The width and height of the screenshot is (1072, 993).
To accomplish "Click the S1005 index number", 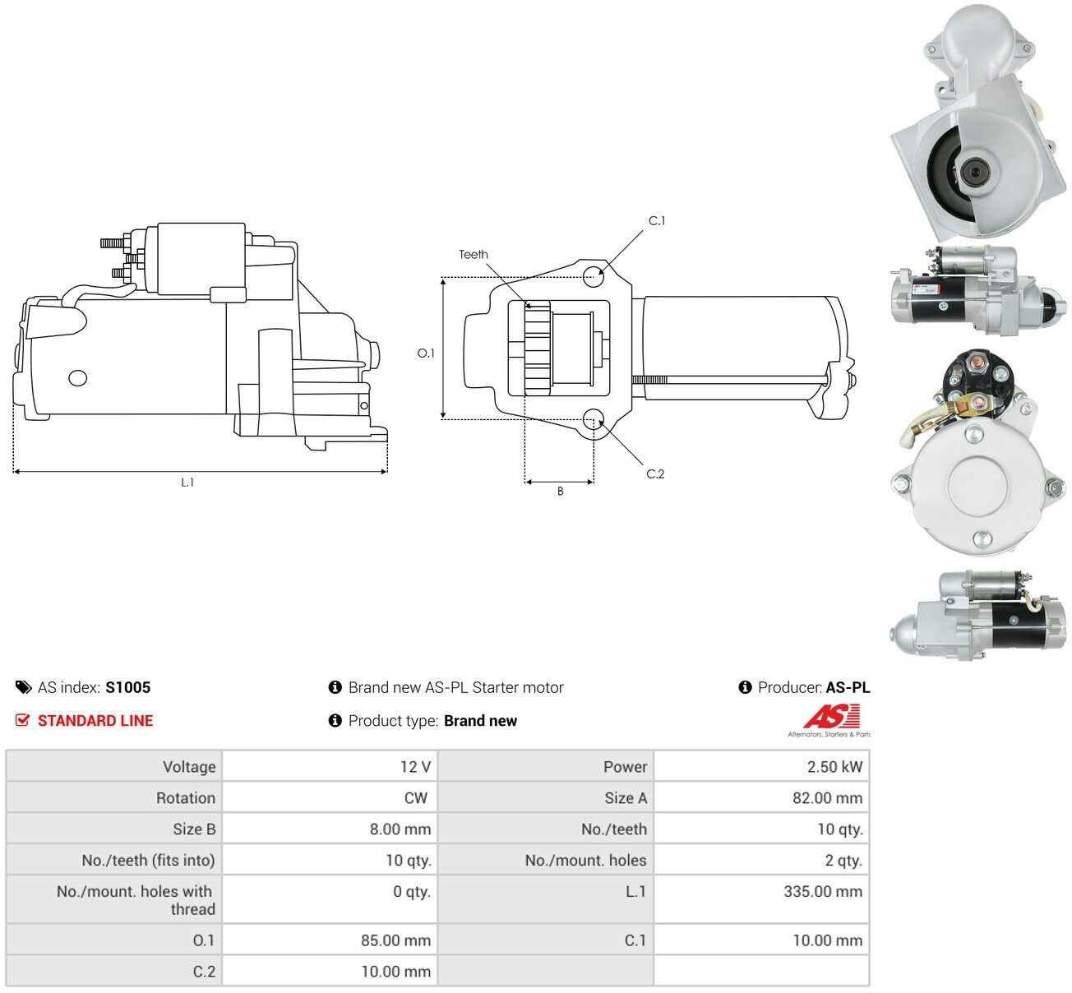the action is [128, 687].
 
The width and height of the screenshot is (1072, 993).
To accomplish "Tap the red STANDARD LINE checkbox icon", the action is [23, 720].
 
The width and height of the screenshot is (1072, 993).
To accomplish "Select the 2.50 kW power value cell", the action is [834, 767].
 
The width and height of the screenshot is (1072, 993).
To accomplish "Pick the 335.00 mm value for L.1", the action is [823, 892].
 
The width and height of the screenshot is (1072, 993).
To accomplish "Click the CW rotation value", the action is [416, 798].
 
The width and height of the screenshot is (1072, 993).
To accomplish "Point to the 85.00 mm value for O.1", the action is [395, 940].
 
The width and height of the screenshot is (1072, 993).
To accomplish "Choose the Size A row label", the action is [626, 798].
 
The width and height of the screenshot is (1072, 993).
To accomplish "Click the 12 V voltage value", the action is [415, 767].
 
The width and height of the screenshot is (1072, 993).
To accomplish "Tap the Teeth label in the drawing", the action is [474, 254].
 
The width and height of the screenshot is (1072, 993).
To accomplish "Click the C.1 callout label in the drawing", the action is [656, 221].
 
